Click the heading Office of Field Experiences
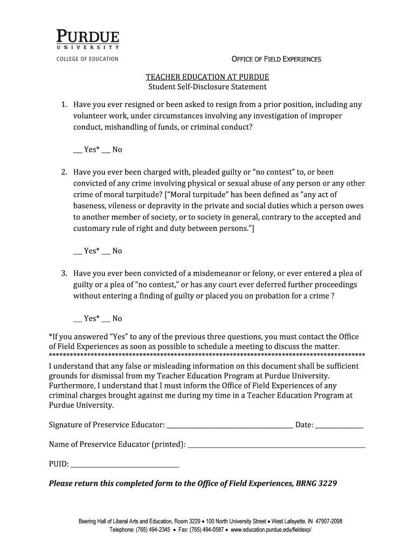coord(276,59)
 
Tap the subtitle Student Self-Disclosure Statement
coord(207,87)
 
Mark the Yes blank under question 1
coord(77,151)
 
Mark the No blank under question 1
coord(106,151)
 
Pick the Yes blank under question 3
coord(77,320)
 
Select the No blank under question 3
coord(106,320)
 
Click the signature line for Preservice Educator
coord(230,426)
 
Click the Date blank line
coord(339,426)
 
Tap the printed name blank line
coord(276,446)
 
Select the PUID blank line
coord(125,465)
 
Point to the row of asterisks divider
coord(207,356)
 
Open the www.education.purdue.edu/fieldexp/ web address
coord(272,529)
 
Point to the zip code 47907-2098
coord(323,521)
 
